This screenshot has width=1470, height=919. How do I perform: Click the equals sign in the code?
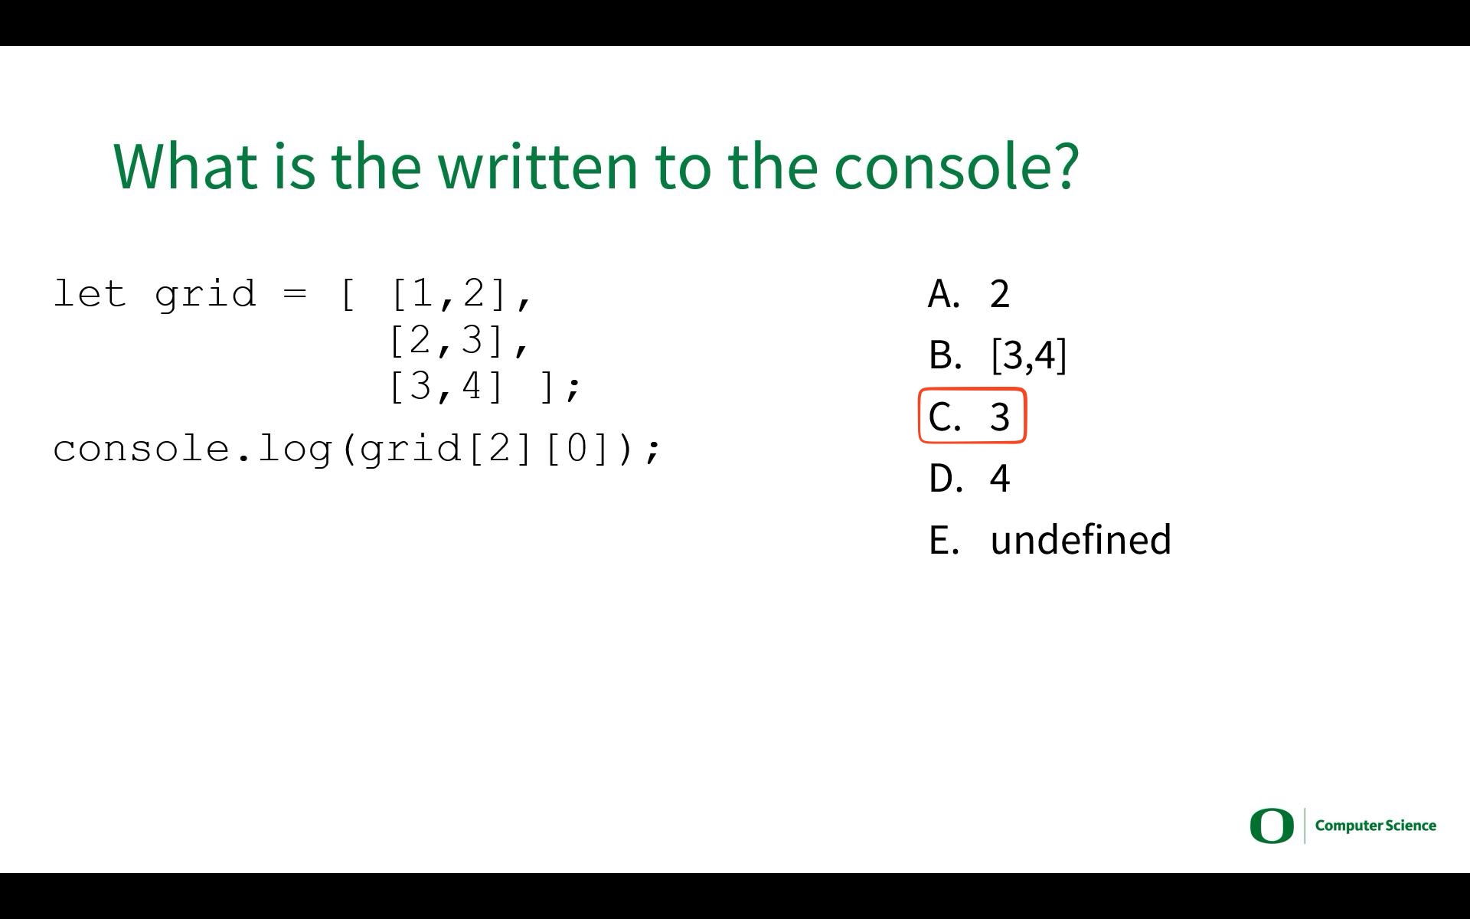coord(294,294)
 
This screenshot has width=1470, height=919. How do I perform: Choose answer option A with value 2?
coord(969,294)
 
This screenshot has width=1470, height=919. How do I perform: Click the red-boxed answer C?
coord(972,417)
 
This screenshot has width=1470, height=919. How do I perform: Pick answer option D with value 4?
coord(969,478)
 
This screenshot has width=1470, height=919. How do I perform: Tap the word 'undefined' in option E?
coord(1080,539)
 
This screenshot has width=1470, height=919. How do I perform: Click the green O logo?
coord(1271,826)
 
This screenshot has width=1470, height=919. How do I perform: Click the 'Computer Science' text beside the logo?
coord(1376,826)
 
